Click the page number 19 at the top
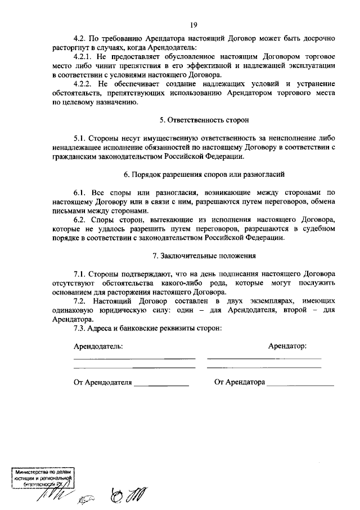pyautogui.click(x=193, y=24)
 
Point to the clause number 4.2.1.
pyautogui.click(x=84, y=57)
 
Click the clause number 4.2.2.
pyautogui.click(x=84, y=84)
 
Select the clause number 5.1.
pyautogui.click(x=81, y=138)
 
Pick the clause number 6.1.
pyautogui.click(x=81, y=193)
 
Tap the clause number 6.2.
pyautogui.click(x=81, y=220)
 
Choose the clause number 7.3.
pyautogui.click(x=81, y=328)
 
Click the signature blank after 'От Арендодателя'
pyautogui.click(x=161, y=385)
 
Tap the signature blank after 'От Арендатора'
pyautogui.click(x=300, y=385)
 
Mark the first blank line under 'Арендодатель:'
pyautogui.click(x=134, y=359)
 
